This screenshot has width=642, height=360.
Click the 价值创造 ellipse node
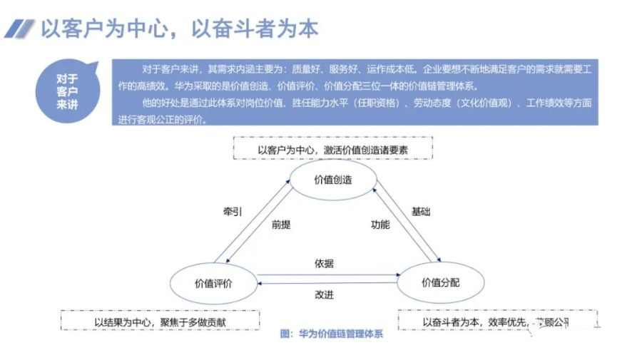pos(333,180)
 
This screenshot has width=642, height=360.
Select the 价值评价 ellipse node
pos(213,283)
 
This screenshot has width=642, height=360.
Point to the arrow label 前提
pos(282,225)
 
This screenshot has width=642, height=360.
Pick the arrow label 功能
pos(379,225)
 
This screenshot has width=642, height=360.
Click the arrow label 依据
pos(324,263)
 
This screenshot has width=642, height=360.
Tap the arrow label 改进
pos(324,294)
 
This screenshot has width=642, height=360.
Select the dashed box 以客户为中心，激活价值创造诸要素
pos(333,150)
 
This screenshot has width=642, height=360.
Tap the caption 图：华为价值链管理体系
pos(332,334)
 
